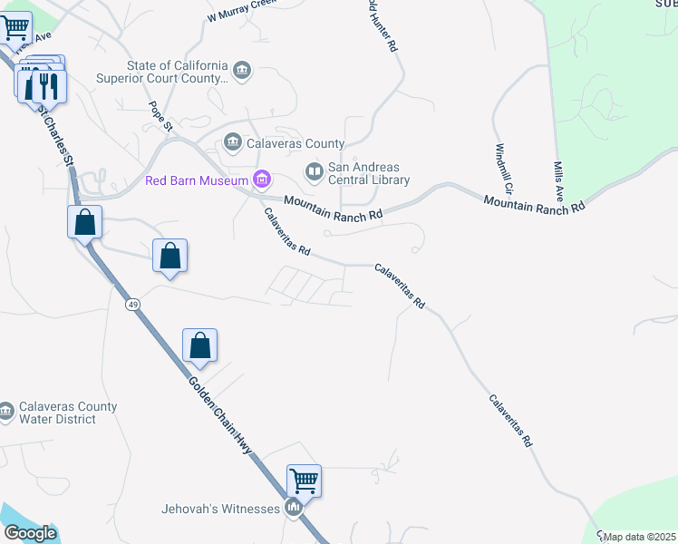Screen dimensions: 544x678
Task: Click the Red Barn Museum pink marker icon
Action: [262, 180]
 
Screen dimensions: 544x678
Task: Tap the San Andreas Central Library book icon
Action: [314, 170]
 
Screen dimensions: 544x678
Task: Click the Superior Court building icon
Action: [241, 70]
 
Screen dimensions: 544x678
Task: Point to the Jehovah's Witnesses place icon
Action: [293, 509]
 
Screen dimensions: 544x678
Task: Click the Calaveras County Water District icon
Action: [5, 413]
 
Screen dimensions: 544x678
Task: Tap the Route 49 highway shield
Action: [132, 304]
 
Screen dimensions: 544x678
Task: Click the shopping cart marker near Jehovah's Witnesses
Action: [305, 481]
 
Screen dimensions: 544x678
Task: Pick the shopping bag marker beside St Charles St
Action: [84, 221]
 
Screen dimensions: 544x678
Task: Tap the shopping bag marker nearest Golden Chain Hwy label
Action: [199, 345]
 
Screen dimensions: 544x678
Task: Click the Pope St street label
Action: [161, 117]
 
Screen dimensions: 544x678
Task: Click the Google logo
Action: [30, 533]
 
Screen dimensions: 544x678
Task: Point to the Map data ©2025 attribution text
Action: [640, 537]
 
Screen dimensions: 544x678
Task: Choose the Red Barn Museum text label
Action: [198, 180]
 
